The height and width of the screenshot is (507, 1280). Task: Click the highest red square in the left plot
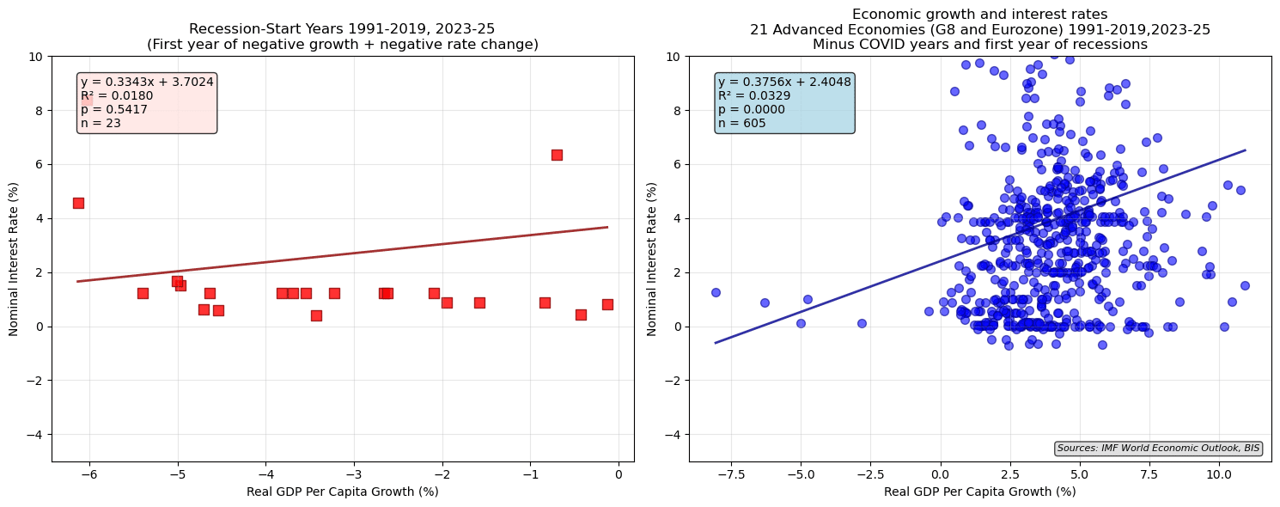tap(557, 155)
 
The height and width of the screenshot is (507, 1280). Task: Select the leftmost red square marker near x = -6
tap(78, 203)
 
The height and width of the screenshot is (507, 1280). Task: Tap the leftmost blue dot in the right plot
tap(716, 292)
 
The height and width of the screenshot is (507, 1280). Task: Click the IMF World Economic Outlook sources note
tap(1158, 448)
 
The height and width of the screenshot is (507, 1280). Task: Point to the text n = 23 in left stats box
tap(101, 123)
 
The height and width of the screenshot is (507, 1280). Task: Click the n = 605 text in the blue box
tap(741, 123)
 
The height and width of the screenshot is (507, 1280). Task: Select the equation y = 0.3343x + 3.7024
tap(147, 82)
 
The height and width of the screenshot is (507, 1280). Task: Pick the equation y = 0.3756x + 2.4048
tap(784, 82)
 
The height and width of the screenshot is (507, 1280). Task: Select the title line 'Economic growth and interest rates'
tap(980, 14)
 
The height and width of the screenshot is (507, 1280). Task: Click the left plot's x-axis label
tap(343, 492)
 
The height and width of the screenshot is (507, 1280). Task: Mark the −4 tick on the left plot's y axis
tap(36, 435)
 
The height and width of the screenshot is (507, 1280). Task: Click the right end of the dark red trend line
tap(607, 227)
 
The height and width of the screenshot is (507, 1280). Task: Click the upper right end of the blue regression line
tap(1245, 150)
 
